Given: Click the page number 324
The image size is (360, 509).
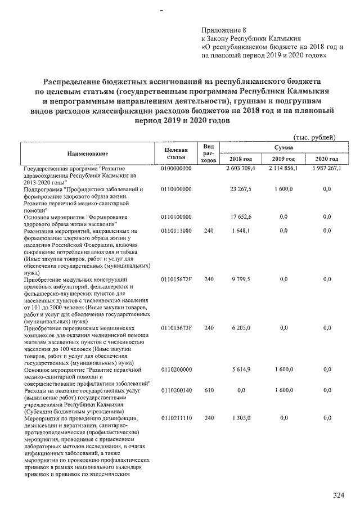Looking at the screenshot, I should [338, 496].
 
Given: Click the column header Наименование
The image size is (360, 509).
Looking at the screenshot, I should [87, 153].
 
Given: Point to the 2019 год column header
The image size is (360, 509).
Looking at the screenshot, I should [284, 159].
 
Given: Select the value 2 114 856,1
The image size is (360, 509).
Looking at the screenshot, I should [283, 168].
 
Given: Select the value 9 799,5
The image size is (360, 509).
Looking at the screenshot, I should [245, 280].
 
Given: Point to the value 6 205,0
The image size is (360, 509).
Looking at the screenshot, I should [245, 328].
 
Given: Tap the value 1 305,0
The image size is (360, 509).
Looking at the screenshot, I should [245, 418].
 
